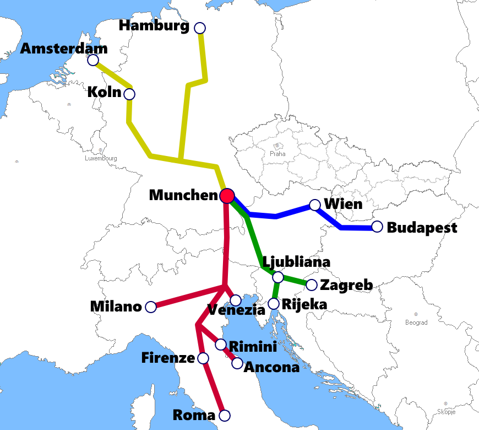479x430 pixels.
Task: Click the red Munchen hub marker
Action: pyautogui.click(x=227, y=196)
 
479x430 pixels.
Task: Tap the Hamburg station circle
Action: pyautogui.click(x=200, y=28)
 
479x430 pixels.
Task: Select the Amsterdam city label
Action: pyautogui.click(x=64, y=49)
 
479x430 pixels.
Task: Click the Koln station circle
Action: pyautogui.click(x=129, y=94)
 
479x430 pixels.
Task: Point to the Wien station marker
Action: pyautogui.click(x=314, y=205)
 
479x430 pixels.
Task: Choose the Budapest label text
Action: pyautogui.click(x=422, y=228)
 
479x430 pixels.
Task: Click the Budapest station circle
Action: pyautogui.click(x=377, y=227)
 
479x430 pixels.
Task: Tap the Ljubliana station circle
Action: pyautogui.click(x=278, y=277)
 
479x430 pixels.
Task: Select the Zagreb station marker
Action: pyautogui.click(x=311, y=285)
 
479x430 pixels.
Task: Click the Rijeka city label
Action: pyautogui.click(x=304, y=304)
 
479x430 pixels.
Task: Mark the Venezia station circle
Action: pyautogui.click(x=235, y=300)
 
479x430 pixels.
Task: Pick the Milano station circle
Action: pyautogui.click(x=150, y=307)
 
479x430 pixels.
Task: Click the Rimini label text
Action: pyautogui.click(x=253, y=347)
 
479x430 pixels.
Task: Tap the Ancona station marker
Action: pyautogui.click(x=237, y=363)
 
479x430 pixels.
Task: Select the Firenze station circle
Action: pyautogui.click(x=203, y=358)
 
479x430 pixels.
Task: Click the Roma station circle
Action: pyautogui.click(x=224, y=415)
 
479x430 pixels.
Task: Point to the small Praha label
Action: pyautogui.click(x=277, y=154)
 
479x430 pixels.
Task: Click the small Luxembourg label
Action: pyautogui.click(x=101, y=158)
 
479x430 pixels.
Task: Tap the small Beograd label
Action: pyautogui.click(x=416, y=322)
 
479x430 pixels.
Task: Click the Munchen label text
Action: pyautogui.click(x=183, y=195)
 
